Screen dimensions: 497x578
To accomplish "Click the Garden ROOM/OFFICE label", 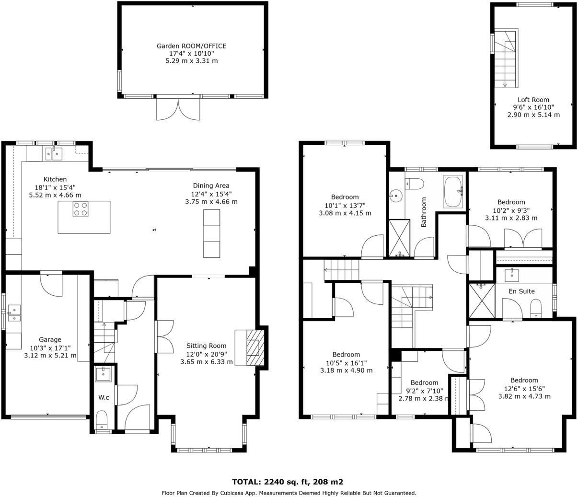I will (x=191, y=46).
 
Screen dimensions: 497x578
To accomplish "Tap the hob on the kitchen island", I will (x=80, y=209).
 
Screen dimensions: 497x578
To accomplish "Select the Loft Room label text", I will (x=533, y=100).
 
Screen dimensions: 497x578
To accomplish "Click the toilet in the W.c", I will (x=102, y=420).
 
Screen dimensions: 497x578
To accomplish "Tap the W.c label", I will (x=104, y=397).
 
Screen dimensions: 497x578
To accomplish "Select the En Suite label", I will (x=521, y=291).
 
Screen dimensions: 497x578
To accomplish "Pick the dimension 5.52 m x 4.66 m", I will (x=56, y=195).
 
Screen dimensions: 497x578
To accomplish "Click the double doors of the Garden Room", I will (x=178, y=109).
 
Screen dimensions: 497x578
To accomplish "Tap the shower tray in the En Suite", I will (x=481, y=301).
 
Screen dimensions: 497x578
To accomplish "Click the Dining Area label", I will (x=211, y=185).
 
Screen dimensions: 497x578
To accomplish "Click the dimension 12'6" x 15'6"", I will (x=524, y=389).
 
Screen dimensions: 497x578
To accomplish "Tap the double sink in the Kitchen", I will (x=54, y=154).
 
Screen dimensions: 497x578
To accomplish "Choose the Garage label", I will (x=50, y=340).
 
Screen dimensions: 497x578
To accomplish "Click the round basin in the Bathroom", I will (x=396, y=194).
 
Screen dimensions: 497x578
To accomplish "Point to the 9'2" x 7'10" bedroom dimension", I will (x=424, y=391).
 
